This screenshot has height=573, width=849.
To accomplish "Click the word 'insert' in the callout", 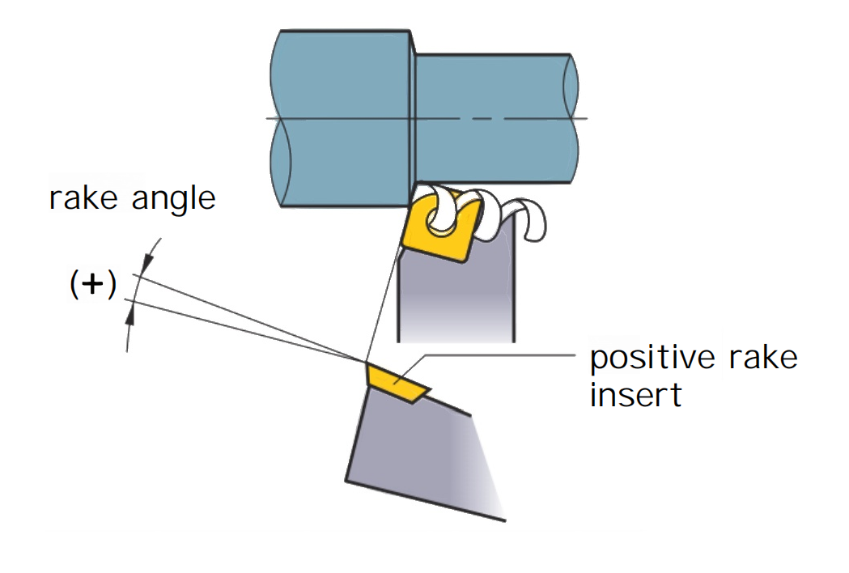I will (635, 396).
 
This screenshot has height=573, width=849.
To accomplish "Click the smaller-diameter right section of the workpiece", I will (494, 117).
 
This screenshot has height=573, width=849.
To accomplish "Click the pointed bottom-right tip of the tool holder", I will (503, 518).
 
